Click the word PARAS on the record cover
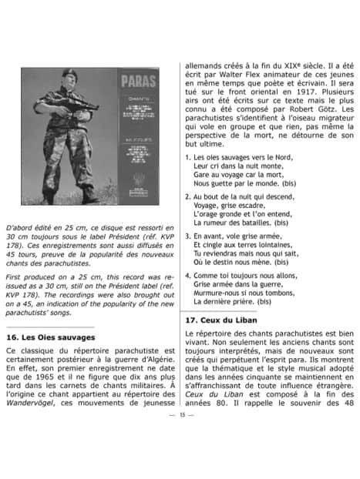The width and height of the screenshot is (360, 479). coord(139,80)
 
